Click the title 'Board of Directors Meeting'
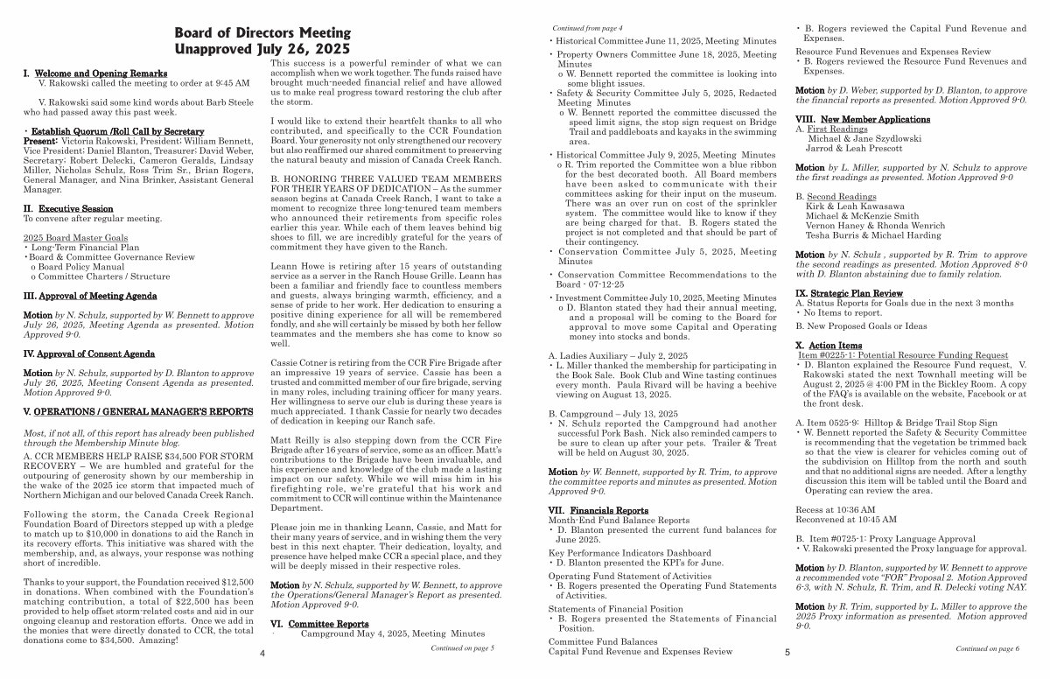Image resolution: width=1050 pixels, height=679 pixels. click(x=262, y=32)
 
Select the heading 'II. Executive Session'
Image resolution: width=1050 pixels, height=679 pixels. click(x=67, y=208)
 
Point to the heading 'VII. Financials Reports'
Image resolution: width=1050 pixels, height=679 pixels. click(x=598, y=509)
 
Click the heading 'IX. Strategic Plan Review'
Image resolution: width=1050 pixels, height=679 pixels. click(x=849, y=292)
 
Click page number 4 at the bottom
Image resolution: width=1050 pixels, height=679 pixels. click(x=262, y=653)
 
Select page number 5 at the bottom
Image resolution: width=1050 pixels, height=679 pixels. click(x=787, y=653)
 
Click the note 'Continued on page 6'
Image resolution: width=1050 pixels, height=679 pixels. click(x=987, y=649)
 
